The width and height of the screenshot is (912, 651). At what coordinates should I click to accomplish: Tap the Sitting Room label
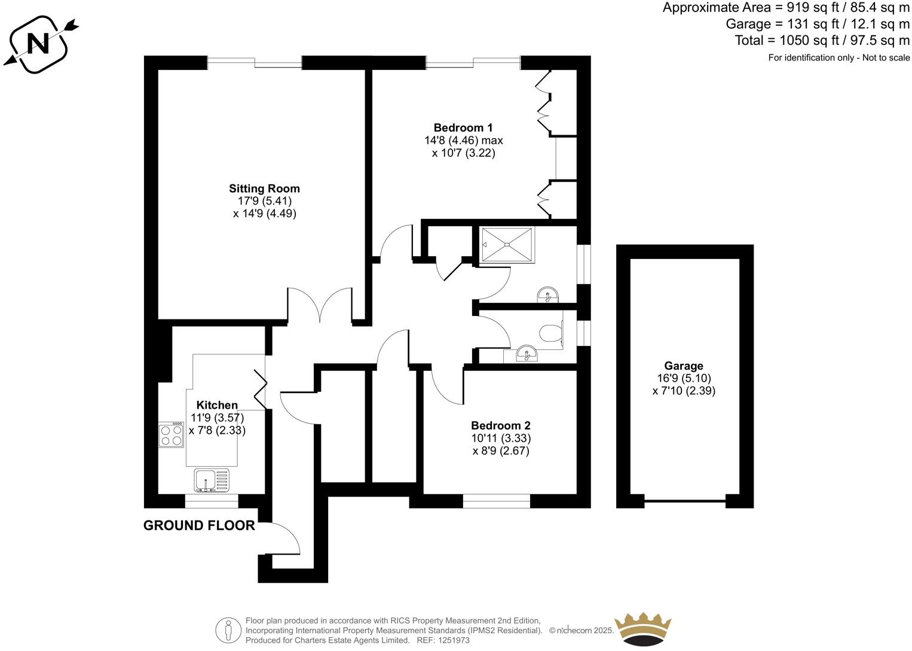click(264, 188)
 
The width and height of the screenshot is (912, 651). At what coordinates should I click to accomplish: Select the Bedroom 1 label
click(463, 127)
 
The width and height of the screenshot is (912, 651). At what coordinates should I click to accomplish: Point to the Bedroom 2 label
click(500, 425)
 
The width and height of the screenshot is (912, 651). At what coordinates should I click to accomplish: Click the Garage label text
click(684, 366)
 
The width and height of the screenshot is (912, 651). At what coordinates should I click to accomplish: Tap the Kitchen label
click(217, 405)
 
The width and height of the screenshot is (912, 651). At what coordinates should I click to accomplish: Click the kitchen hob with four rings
click(171, 435)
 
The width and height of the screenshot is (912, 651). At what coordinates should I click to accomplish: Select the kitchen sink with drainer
click(212, 480)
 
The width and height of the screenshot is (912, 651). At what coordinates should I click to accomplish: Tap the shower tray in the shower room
click(507, 244)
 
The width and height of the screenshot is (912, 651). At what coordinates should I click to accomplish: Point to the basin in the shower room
click(547, 295)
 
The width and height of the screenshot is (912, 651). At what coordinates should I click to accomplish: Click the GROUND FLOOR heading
click(199, 525)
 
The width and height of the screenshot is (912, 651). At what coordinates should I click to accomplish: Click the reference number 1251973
click(454, 640)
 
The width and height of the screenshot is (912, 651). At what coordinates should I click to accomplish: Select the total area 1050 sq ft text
click(822, 40)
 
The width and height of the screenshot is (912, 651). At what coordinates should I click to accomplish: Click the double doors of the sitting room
click(320, 305)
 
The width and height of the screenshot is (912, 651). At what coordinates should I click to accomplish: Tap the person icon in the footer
click(228, 630)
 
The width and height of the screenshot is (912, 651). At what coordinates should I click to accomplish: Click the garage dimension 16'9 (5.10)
click(684, 378)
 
